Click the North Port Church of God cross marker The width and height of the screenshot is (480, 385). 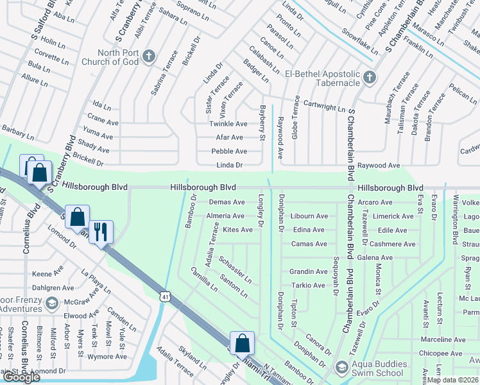coord(148,56)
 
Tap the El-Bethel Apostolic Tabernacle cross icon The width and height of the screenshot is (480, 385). coord(369,78)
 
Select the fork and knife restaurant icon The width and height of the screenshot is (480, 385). coord(101,232)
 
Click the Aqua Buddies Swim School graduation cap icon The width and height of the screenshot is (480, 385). coord(342,368)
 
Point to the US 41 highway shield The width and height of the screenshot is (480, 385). coord(166,296)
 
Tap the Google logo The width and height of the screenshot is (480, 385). coord(21,377)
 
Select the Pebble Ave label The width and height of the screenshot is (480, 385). coord(229,151)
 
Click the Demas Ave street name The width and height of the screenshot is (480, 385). coord(227,201)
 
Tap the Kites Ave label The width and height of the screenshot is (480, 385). coord(237,230)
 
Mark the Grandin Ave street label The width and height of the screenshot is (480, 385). coord(308,272)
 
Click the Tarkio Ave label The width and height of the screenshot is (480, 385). coord(309,286)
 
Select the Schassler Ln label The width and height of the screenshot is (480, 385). coord(235,269)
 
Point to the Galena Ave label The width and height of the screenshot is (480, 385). coord(393,258)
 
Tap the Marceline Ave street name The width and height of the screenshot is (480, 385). coord(443,339)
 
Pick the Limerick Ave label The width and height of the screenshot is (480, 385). coord(393,216)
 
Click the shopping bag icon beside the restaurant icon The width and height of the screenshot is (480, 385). coord(77,218)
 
